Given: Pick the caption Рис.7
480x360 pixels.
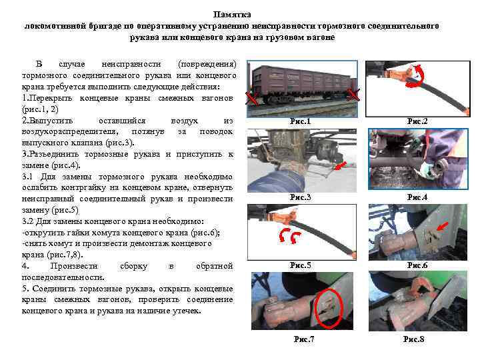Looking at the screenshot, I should [304, 339].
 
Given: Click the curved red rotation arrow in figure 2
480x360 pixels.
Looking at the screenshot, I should [417, 77].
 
